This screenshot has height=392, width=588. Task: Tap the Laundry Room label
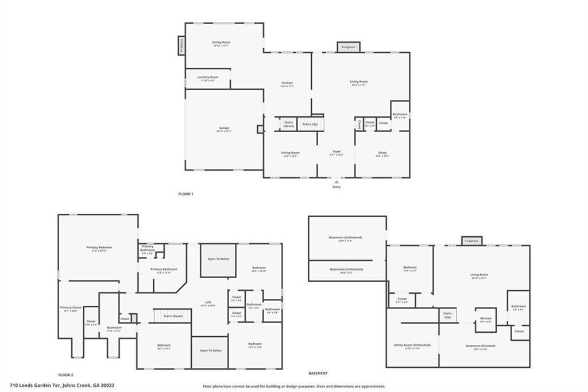pyautogui.click(x=208, y=78)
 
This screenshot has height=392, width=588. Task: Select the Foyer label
pyautogui.click(x=336, y=153)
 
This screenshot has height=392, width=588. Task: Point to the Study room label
pyautogui.click(x=382, y=153)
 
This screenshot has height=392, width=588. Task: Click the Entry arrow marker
pyautogui.click(x=336, y=182)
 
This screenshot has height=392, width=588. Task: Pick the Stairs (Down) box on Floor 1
pyautogui.click(x=288, y=124)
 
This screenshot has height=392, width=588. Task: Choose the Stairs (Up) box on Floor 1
pyautogui.click(x=310, y=124)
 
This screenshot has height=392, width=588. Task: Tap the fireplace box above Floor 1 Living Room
pyautogui.click(x=348, y=47)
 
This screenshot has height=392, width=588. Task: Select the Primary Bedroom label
pyautogui.click(x=99, y=248)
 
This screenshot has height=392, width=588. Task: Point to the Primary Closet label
pyautogui.click(x=71, y=308)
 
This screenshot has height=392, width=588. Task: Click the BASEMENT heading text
pyautogui.click(x=318, y=374)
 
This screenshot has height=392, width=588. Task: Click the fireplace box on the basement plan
pyautogui.click(x=471, y=241)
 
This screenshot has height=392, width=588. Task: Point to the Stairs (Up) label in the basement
pyautogui.click(x=447, y=316)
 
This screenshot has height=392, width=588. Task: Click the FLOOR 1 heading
pyautogui.click(x=186, y=194)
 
